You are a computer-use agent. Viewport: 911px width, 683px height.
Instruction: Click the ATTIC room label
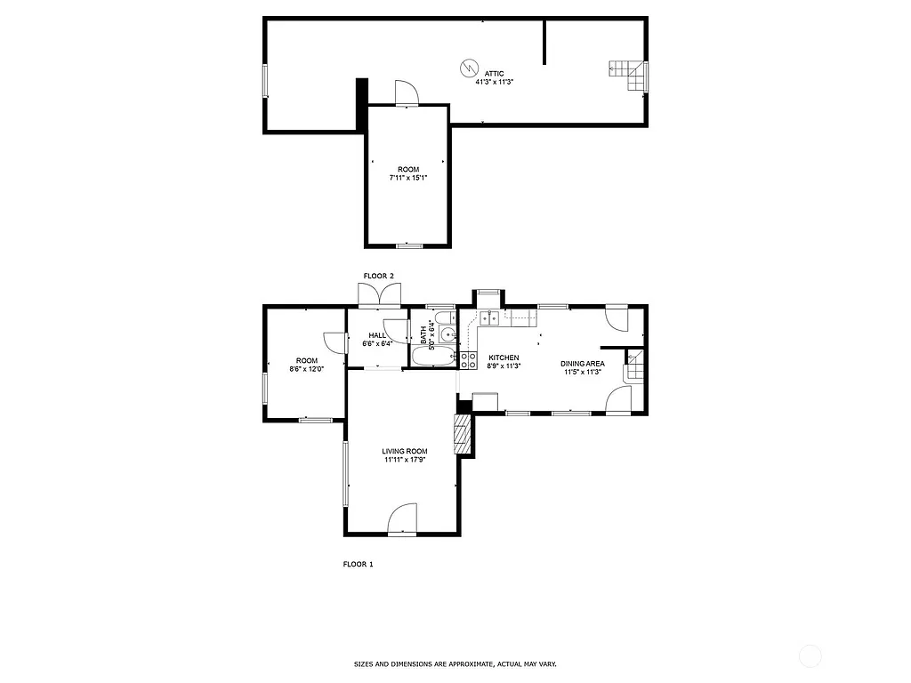tap(495, 73)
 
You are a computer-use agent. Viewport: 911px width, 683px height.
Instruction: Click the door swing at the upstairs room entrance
tap(405, 92)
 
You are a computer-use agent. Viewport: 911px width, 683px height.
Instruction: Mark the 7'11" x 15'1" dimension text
tap(408, 178)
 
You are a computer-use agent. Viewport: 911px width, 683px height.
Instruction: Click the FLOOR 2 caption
tap(378, 277)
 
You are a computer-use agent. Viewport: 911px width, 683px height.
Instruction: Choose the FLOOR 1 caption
tap(358, 564)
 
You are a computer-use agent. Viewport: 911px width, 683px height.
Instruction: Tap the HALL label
tap(377, 335)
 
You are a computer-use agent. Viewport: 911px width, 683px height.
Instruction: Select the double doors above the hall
tap(380, 294)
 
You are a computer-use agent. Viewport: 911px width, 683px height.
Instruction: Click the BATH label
tap(423, 334)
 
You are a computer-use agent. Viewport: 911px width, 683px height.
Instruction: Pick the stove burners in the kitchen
tap(467, 359)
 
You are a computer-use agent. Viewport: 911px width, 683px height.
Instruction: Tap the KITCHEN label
tap(504, 358)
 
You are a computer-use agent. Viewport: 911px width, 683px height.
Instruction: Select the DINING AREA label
tap(583, 363)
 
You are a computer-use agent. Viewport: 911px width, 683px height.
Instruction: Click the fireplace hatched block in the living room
tap(462, 434)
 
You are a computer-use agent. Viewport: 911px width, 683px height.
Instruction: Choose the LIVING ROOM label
tap(405, 452)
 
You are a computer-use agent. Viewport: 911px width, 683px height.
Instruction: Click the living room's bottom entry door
tap(403, 519)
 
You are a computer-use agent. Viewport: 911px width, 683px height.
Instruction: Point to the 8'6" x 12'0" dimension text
tap(303, 369)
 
